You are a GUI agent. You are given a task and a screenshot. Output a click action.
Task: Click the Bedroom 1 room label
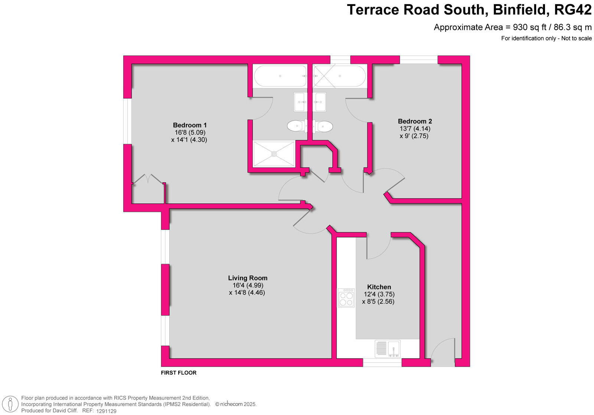pyautogui.click(x=190, y=125)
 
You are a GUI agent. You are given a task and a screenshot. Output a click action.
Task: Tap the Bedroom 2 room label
pyautogui.click(x=415, y=121)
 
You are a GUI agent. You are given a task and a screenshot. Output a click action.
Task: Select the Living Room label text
pyautogui.click(x=248, y=278)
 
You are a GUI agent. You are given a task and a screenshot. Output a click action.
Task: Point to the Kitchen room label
pyautogui.click(x=379, y=287)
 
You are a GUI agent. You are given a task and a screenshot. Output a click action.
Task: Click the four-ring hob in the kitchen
pyautogui.click(x=346, y=298)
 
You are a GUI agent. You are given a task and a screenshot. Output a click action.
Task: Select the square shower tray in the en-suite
pyautogui.click(x=274, y=154)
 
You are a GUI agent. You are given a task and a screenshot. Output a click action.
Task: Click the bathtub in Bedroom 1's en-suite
pyautogui.click(x=280, y=76)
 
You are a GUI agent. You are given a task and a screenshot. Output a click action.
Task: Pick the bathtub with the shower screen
pyautogui.click(x=339, y=76)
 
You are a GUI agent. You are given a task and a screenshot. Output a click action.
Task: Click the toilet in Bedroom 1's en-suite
pyautogui.click(x=297, y=126)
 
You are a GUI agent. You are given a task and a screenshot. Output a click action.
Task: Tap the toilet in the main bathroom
pyautogui.click(x=323, y=126)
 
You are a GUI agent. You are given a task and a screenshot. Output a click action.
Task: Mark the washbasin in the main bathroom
pyautogui.click(x=320, y=102)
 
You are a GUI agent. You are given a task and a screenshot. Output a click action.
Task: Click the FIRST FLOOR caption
pyautogui.click(x=179, y=373)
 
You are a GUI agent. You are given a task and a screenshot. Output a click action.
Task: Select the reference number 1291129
pyautogui.click(x=106, y=411)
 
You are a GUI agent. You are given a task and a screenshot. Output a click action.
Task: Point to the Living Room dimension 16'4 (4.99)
pyautogui.click(x=248, y=285)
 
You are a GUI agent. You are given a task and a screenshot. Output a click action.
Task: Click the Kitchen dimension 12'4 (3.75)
pyautogui.click(x=379, y=294)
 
